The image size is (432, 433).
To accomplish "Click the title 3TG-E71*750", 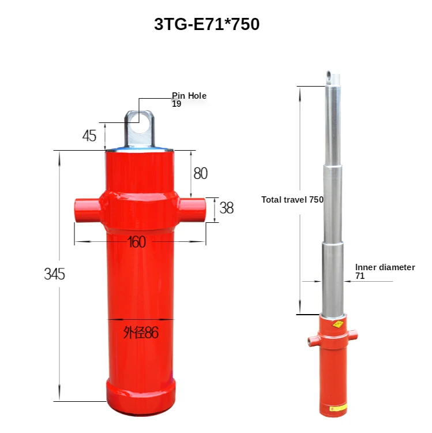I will [206, 24].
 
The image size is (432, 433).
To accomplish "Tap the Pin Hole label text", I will [189, 96].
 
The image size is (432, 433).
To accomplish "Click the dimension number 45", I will [89, 136].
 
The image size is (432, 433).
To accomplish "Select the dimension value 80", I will [200, 173].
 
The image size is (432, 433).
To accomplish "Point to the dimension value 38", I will [227, 208].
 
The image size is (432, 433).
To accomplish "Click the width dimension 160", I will [136, 242].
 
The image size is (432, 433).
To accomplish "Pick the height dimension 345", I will [55, 274].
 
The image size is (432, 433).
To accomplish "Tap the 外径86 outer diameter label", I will [141, 333].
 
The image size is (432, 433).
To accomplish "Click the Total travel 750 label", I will [292, 199].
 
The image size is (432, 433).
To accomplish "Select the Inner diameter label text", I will [385, 267].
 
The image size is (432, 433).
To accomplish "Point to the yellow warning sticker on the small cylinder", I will [337, 325].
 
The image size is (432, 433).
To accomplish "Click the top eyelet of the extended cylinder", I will [330, 75].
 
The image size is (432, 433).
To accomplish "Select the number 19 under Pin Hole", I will [176, 104].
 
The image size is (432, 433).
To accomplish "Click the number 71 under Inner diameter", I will [360, 276].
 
